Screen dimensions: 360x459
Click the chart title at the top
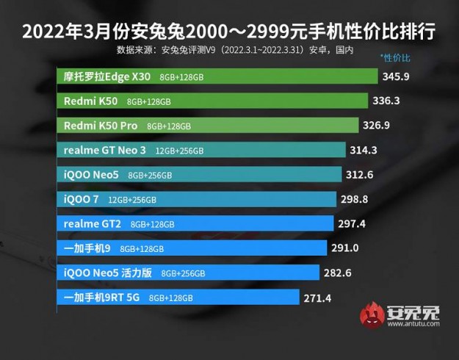coord(229,32)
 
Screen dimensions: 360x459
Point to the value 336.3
coord(386,101)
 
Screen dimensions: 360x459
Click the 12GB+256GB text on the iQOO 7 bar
coord(132,199)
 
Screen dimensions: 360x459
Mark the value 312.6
coord(359,175)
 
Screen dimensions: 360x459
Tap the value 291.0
coord(344,248)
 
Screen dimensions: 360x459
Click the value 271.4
coord(318,298)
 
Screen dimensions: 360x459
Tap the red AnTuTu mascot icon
coord(372,315)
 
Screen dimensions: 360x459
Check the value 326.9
coord(377,125)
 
